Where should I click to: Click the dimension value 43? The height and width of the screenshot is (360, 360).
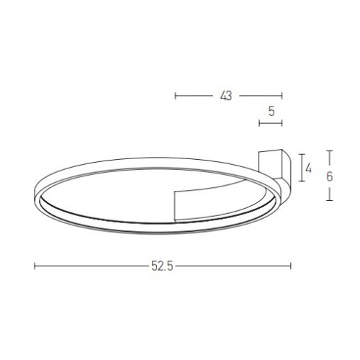(226, 96)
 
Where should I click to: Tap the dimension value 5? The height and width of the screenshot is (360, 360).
(271, 112)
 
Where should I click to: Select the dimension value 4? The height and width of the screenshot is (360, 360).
(308, 168)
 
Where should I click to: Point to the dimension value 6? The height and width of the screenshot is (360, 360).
(330, 176)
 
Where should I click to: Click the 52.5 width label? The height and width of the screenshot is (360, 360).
(162, 266)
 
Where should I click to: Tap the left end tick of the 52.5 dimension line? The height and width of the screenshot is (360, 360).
(35, 266)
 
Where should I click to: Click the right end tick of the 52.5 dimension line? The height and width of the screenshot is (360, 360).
(291, 266)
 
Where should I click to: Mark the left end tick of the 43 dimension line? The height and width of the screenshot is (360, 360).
(176, 96)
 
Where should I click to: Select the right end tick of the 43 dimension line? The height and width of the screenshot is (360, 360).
(282, 96)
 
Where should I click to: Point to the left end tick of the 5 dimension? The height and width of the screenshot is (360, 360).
(259, 123)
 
